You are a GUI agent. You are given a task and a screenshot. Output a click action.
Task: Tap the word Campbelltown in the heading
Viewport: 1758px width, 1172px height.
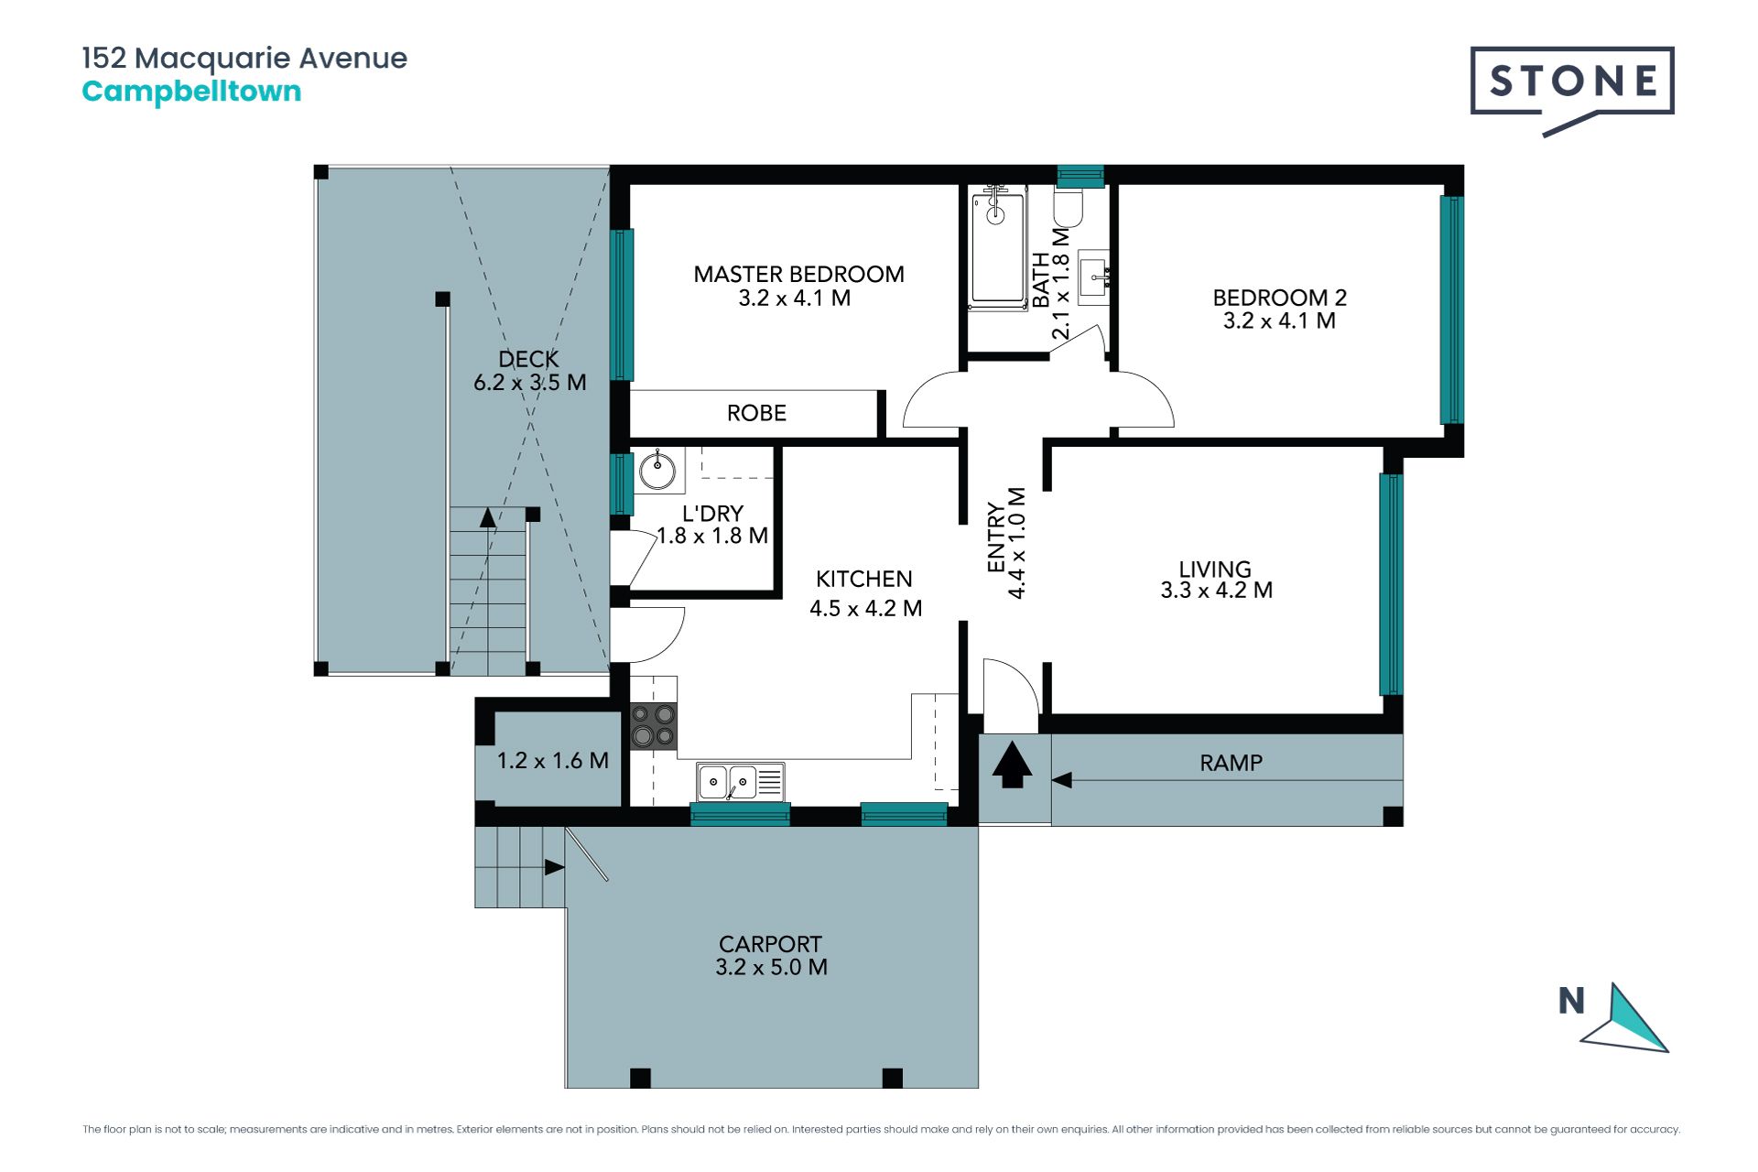pos(191,92)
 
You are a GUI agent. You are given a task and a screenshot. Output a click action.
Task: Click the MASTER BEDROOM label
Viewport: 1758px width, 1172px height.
pos(798,274)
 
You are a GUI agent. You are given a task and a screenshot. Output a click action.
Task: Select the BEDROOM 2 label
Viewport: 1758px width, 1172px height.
pos(1279,298)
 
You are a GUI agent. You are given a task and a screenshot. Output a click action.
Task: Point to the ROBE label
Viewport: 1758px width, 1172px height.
pos(756,413)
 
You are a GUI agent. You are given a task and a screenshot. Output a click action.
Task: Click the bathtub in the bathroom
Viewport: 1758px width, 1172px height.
pos(997,247)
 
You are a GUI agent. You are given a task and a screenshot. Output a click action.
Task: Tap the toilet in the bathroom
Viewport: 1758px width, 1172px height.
pos(1068,207)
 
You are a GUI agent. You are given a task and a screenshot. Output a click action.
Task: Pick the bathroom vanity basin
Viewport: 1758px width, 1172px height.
pos(1093,274)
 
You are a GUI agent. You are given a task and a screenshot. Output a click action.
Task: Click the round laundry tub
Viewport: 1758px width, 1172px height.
pos(657,471)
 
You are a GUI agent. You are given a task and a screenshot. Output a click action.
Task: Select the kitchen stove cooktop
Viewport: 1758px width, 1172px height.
pos(654,725)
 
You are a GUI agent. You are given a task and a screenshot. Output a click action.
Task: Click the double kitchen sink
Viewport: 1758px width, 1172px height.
pos(740,782)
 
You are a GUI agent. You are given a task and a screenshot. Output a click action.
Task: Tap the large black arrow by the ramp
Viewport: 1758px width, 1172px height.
pos(1012,765)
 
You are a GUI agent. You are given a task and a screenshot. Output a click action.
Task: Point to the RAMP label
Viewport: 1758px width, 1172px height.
pos(1231,763)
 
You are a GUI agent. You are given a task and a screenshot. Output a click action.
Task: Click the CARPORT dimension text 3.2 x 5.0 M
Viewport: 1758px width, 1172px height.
pos(771,968)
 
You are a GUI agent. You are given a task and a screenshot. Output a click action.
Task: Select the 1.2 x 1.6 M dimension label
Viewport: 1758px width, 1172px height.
pos(552,761)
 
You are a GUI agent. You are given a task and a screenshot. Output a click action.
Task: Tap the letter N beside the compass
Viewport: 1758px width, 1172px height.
pos(1571,1001)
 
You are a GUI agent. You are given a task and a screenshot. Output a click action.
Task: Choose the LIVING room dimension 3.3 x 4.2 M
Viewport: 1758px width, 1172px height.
pos(1216,591)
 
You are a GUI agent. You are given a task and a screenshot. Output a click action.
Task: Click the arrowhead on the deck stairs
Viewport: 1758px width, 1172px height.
pos(488,518)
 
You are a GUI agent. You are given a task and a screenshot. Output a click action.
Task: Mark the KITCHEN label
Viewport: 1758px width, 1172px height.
pos(863,579)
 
